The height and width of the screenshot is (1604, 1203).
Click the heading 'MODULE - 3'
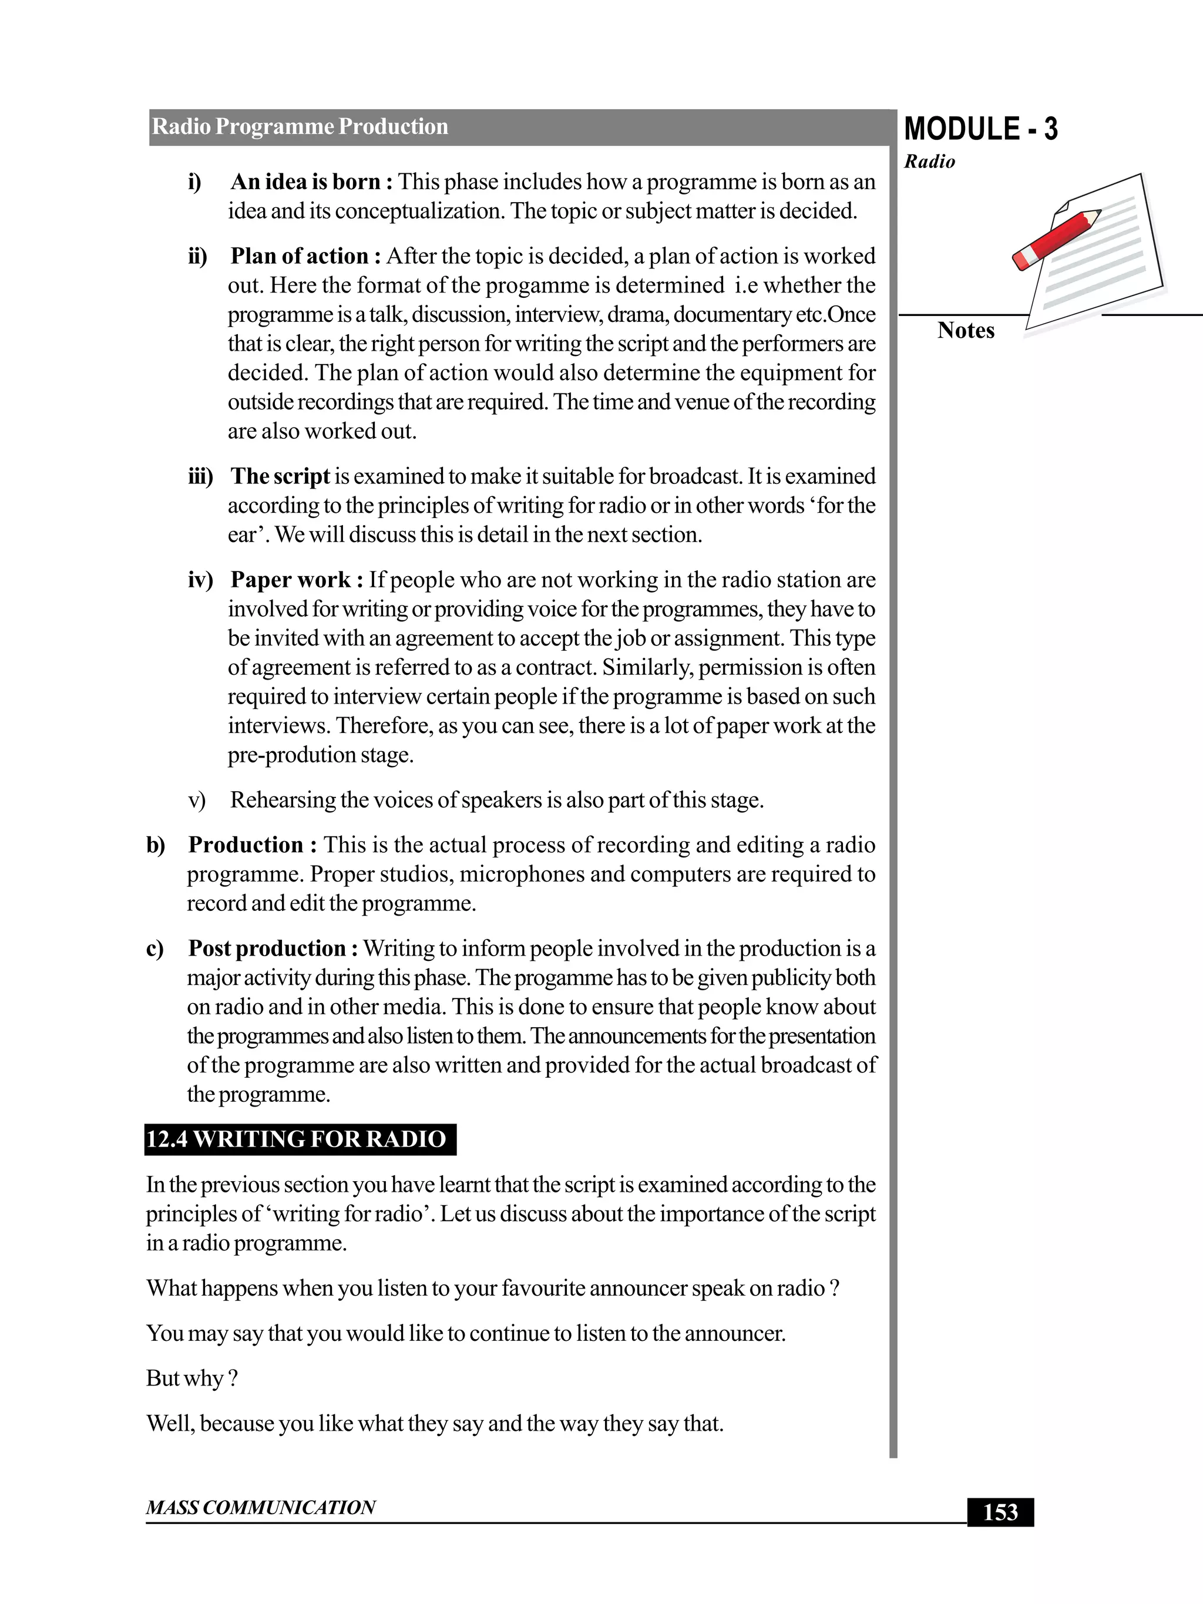point(980,129)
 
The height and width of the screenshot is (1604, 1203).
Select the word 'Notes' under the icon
point(965,331)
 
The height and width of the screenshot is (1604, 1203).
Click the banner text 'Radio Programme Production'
point(300,127)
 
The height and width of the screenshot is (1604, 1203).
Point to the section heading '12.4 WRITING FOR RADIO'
point(297,1139)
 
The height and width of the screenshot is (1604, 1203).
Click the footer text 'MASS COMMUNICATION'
point(260,1508)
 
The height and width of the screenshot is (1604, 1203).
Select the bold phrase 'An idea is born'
point(305,182)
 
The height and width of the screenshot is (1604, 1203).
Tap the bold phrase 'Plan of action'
point(300,257)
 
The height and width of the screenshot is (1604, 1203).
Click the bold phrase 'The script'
point(280,476)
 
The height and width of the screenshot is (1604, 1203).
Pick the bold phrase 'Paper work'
point(290,580)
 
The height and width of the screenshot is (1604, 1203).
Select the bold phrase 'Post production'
point(266,949)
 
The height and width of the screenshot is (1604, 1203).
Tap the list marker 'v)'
point(197,801)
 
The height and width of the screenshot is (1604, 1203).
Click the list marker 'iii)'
point(201,477)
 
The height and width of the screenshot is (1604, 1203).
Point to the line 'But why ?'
point(191,1378)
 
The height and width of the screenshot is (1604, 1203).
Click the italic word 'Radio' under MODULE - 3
point(929,162)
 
